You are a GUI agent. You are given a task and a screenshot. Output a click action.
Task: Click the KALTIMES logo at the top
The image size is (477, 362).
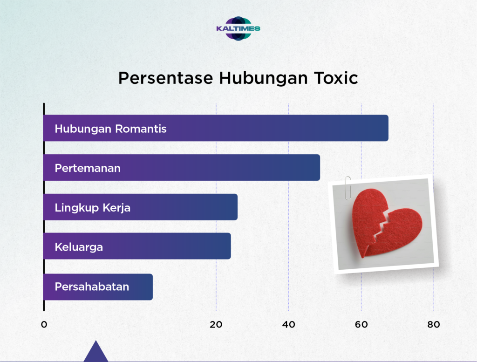click(238, 28)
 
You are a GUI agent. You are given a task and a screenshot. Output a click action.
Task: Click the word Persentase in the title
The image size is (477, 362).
click(165, 78)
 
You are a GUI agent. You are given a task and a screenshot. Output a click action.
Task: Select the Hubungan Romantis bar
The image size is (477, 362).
click(216, 128)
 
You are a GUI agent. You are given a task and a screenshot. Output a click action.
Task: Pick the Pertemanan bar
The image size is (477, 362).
click(182, 168)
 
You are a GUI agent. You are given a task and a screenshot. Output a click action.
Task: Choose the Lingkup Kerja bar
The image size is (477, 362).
click(140, 207)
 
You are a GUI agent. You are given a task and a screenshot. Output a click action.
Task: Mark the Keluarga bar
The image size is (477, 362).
click(137, 246)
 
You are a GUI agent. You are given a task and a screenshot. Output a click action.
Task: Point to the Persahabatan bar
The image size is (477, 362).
click(98, 287)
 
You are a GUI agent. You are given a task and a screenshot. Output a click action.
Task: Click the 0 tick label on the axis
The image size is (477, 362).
click(44, 325)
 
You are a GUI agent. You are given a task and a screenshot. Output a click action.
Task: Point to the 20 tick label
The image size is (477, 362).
click(216, 325)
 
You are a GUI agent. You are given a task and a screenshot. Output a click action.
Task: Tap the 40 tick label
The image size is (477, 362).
click(289, 325)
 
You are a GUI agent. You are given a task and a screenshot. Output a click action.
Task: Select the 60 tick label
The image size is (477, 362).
click(361, 325)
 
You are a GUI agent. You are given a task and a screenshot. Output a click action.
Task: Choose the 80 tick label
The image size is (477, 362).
click(434, 325)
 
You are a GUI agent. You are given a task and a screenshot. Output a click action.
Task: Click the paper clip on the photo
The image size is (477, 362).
click(348, 188)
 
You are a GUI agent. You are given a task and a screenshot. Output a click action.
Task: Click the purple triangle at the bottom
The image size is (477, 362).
click(96, 353)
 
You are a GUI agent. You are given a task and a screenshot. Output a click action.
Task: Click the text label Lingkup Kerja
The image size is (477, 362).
click(93, 208)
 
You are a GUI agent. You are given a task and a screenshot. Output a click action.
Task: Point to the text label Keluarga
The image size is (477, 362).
click(79, 247)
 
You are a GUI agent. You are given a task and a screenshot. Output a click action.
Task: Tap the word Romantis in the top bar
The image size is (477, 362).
click(141, 129)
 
